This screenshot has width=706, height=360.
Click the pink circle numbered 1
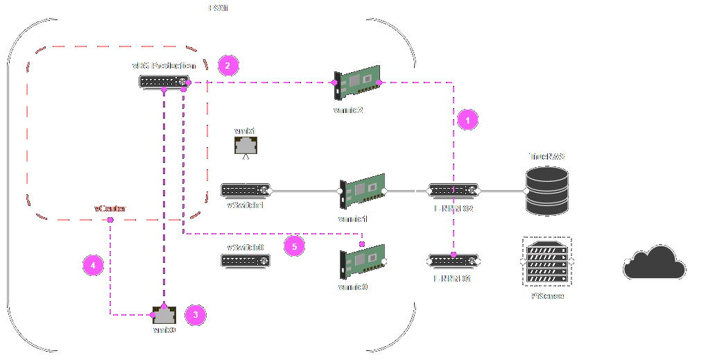point(468,119)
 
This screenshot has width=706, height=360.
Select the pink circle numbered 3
point(196,315)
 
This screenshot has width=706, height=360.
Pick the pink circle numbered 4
point(93,264)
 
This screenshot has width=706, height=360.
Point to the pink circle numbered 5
point(295,246)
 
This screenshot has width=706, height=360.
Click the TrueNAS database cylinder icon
point(546,190)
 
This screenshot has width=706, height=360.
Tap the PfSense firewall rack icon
point(546,262)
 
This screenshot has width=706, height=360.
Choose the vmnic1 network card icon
point(362,191)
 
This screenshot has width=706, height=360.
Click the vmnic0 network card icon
point(362,262)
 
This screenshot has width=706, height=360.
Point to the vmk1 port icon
point(246,145)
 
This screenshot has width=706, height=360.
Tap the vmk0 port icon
point(164,316)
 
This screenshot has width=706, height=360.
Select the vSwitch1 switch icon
point(246,190)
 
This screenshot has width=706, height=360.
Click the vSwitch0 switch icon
point(246,261)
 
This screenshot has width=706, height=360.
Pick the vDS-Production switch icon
point(164,82)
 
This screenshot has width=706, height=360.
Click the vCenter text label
point(110,208)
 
